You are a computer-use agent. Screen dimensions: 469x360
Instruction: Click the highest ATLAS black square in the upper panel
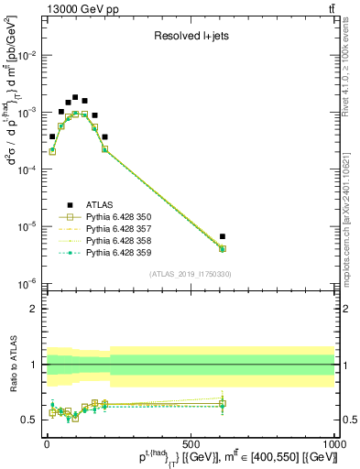click(75, 97)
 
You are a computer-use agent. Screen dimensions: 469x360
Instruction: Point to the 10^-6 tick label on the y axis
click(29, 283)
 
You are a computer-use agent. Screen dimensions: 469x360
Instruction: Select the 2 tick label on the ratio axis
click(36, 310)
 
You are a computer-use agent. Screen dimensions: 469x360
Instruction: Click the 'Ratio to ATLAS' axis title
click(11, 365)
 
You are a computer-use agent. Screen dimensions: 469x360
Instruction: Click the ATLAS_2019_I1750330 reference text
click(191, 274)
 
